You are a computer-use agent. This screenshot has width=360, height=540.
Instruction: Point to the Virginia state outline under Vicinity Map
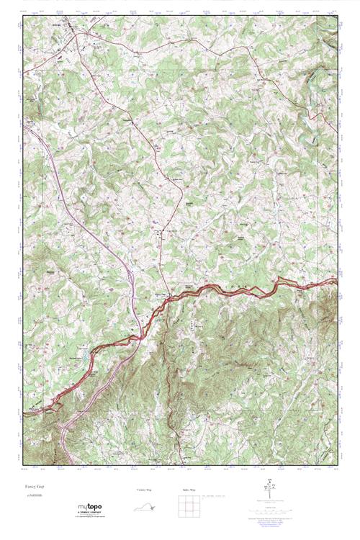[x=145, y=507]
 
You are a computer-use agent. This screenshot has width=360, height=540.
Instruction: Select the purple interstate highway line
[x=86, y=209]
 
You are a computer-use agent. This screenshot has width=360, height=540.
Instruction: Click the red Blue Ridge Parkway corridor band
[x=238, y=288]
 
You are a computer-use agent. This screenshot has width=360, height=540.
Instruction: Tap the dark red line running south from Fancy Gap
[x=168, y=374]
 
